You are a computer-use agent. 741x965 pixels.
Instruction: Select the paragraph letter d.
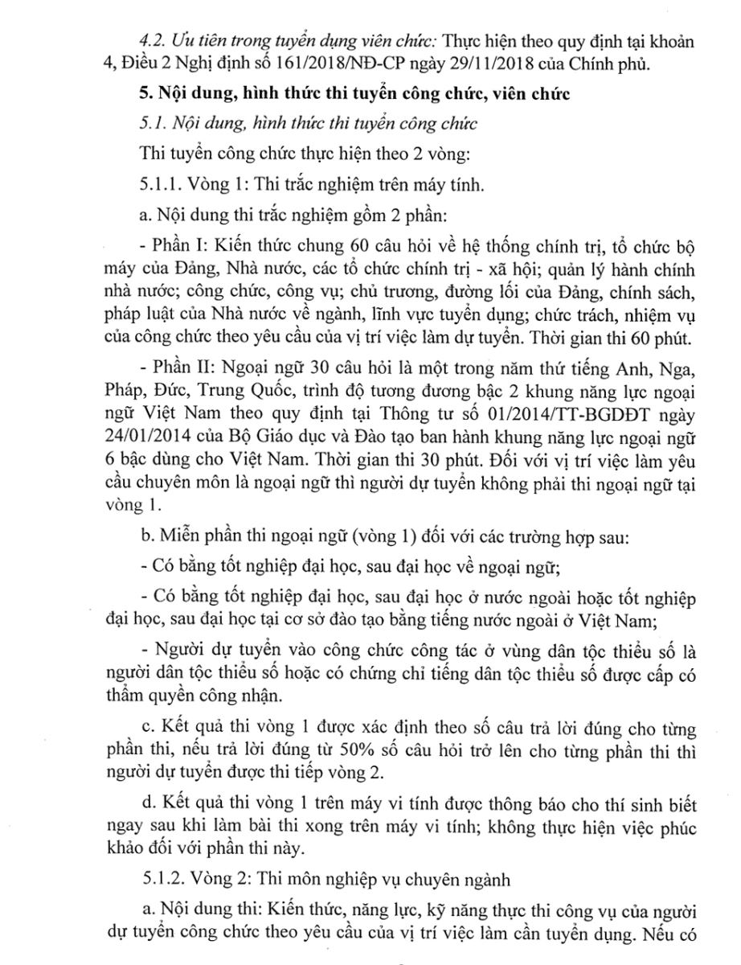[x=145, y=811]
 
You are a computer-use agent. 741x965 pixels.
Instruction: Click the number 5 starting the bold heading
[x=145, y=94]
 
